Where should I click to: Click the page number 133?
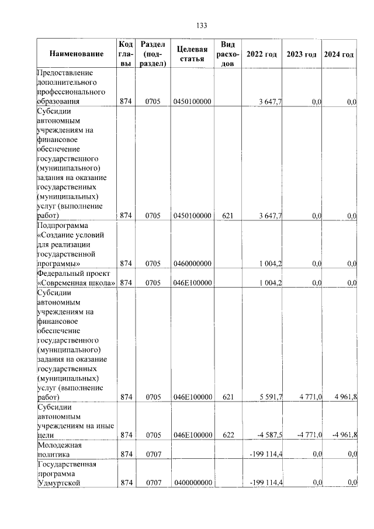point(202,25)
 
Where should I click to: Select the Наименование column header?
point(77,54)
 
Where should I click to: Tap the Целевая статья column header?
point(192,54)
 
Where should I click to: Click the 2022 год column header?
point(261,54)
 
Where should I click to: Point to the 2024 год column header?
point(339,54)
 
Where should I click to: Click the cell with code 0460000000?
point(192,264)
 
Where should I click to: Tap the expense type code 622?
point(228,435)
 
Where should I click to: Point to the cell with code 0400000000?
point(192,482)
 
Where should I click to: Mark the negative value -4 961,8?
point(343,435)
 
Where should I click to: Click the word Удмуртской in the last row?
point(58,482)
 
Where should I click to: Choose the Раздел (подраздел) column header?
point(153,54)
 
